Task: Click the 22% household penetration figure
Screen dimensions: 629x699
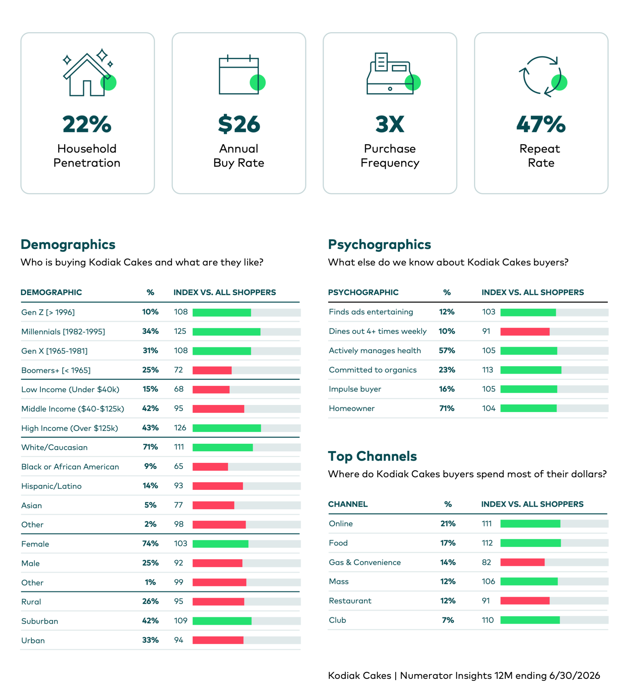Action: (87, 124)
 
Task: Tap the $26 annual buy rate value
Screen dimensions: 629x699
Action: (239, 124)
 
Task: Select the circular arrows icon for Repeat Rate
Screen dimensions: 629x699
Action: (543, 76)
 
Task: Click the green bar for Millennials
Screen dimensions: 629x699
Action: (226, 332)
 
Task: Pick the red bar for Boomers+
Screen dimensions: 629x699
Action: (212, 370)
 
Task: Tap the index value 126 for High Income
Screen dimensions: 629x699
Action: (180, 428)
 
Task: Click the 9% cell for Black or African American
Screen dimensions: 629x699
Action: (150, 466)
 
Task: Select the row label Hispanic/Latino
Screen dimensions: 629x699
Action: (52, 486)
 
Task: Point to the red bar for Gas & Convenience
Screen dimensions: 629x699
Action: (522, 562)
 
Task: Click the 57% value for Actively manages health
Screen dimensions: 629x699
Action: (447, 351)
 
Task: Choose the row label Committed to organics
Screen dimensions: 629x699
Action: (373, 370)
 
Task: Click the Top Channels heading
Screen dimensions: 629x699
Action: (372, 456)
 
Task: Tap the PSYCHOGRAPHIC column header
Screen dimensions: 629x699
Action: (363, 292)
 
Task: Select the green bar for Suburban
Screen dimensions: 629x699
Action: (222, 621)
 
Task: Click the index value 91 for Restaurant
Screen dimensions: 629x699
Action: (486, 601)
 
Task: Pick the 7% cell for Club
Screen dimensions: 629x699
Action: (448, 620)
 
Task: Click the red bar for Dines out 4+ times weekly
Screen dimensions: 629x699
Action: (525, 331)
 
